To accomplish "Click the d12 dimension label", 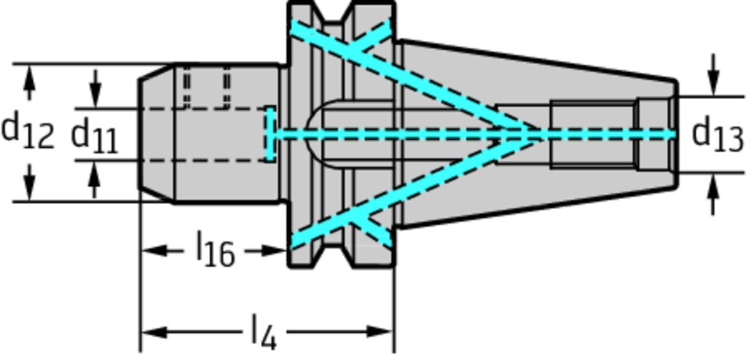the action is pos(27,132).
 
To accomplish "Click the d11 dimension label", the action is pos(94,137).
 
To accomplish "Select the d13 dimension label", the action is pos(717,136).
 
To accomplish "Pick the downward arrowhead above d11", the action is pos(95,96).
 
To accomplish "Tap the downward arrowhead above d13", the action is pos(712,84).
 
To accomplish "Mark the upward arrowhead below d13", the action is pos(712,186).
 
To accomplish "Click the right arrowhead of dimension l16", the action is pos(274,250).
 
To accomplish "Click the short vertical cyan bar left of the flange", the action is pos(270,134).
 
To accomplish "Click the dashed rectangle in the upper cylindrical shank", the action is pos(206,87).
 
